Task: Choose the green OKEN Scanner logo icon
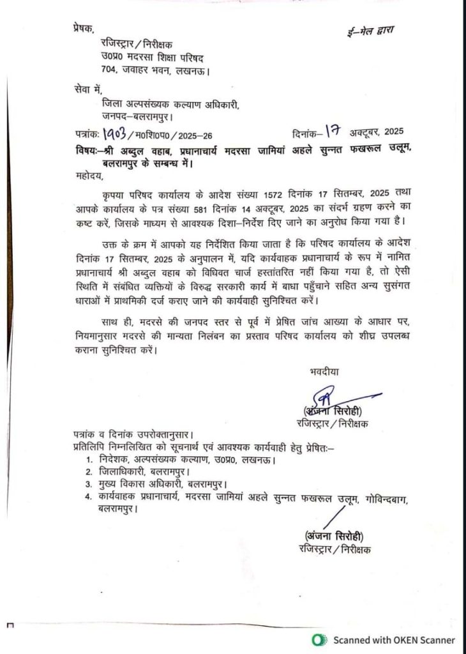(x=318, y=639)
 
